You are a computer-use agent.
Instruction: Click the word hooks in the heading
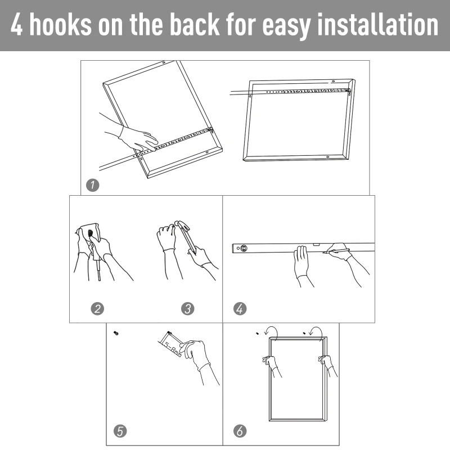coord(61,25)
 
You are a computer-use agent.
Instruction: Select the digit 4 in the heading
coord(16,25)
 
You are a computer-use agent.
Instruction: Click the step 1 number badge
coord(92,185)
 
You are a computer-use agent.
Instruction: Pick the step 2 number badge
coord(97,309)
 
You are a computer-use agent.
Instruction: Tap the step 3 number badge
coord(188,309)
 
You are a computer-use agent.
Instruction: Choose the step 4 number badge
coord(240,309)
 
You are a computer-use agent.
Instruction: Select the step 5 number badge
coord(120,431)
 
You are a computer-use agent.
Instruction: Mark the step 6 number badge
coord(240,431)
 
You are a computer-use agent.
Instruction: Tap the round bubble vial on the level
coord(244,248)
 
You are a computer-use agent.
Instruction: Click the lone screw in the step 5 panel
coord(116,333)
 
